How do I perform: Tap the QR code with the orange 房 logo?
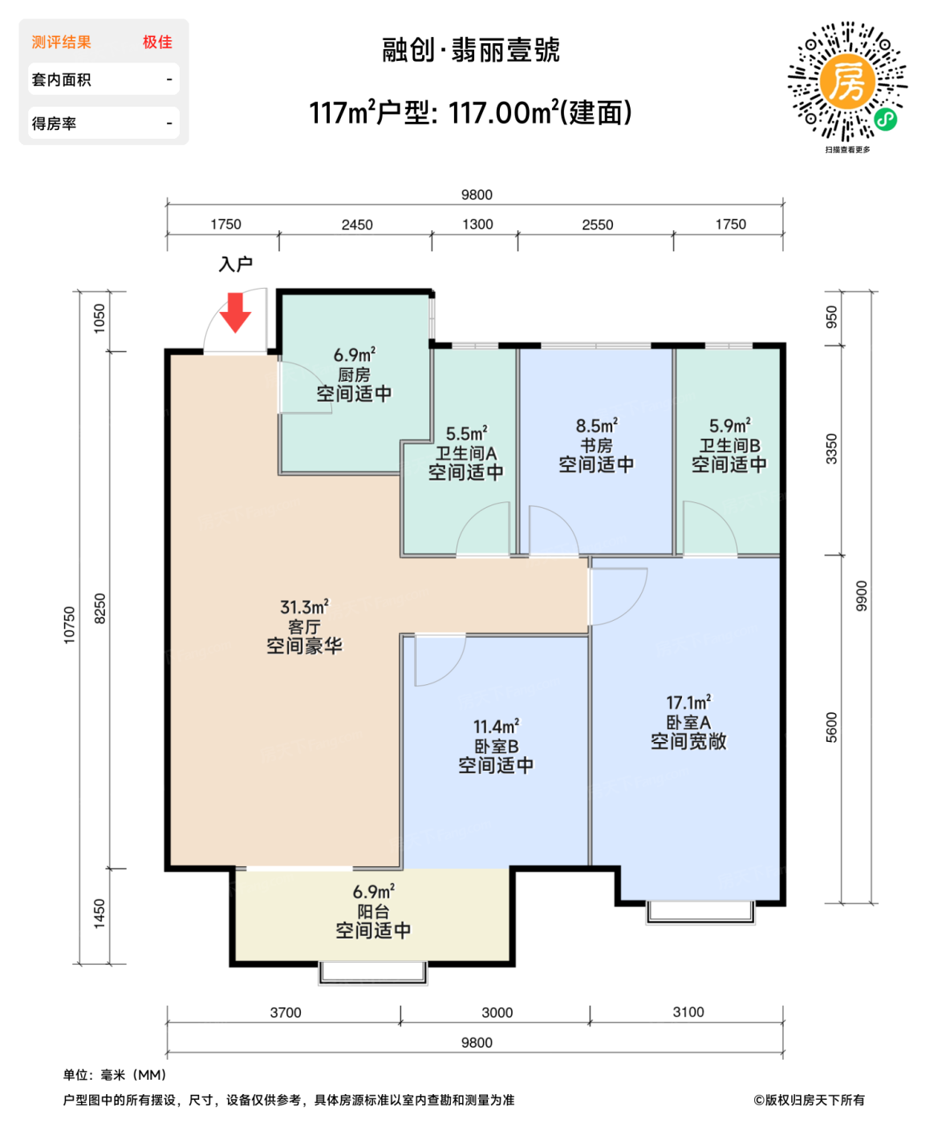click(847, 82)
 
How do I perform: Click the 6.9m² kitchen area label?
click(354, 355)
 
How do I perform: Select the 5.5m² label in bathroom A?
click(466, 434)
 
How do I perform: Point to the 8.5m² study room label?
click(596, 426)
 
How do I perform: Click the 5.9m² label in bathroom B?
click(729, 426)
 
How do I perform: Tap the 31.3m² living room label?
click(304, 607)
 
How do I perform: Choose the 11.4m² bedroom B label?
click(496, 727)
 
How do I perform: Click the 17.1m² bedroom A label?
click(688, 703)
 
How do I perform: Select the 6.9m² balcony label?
click(373, 892)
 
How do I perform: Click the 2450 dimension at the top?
click(357, 225)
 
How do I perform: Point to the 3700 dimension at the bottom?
click(286, 1013)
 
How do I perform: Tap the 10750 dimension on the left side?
click(70, 625)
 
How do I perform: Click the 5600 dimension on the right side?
click(831, 728)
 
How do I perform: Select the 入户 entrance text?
click(236, 264)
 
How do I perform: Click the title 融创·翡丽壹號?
click(471, 51)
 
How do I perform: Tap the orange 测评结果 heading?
click(62, 43)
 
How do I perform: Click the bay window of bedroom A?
click(700, 913)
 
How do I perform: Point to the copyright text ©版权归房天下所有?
click(809, 1100)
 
